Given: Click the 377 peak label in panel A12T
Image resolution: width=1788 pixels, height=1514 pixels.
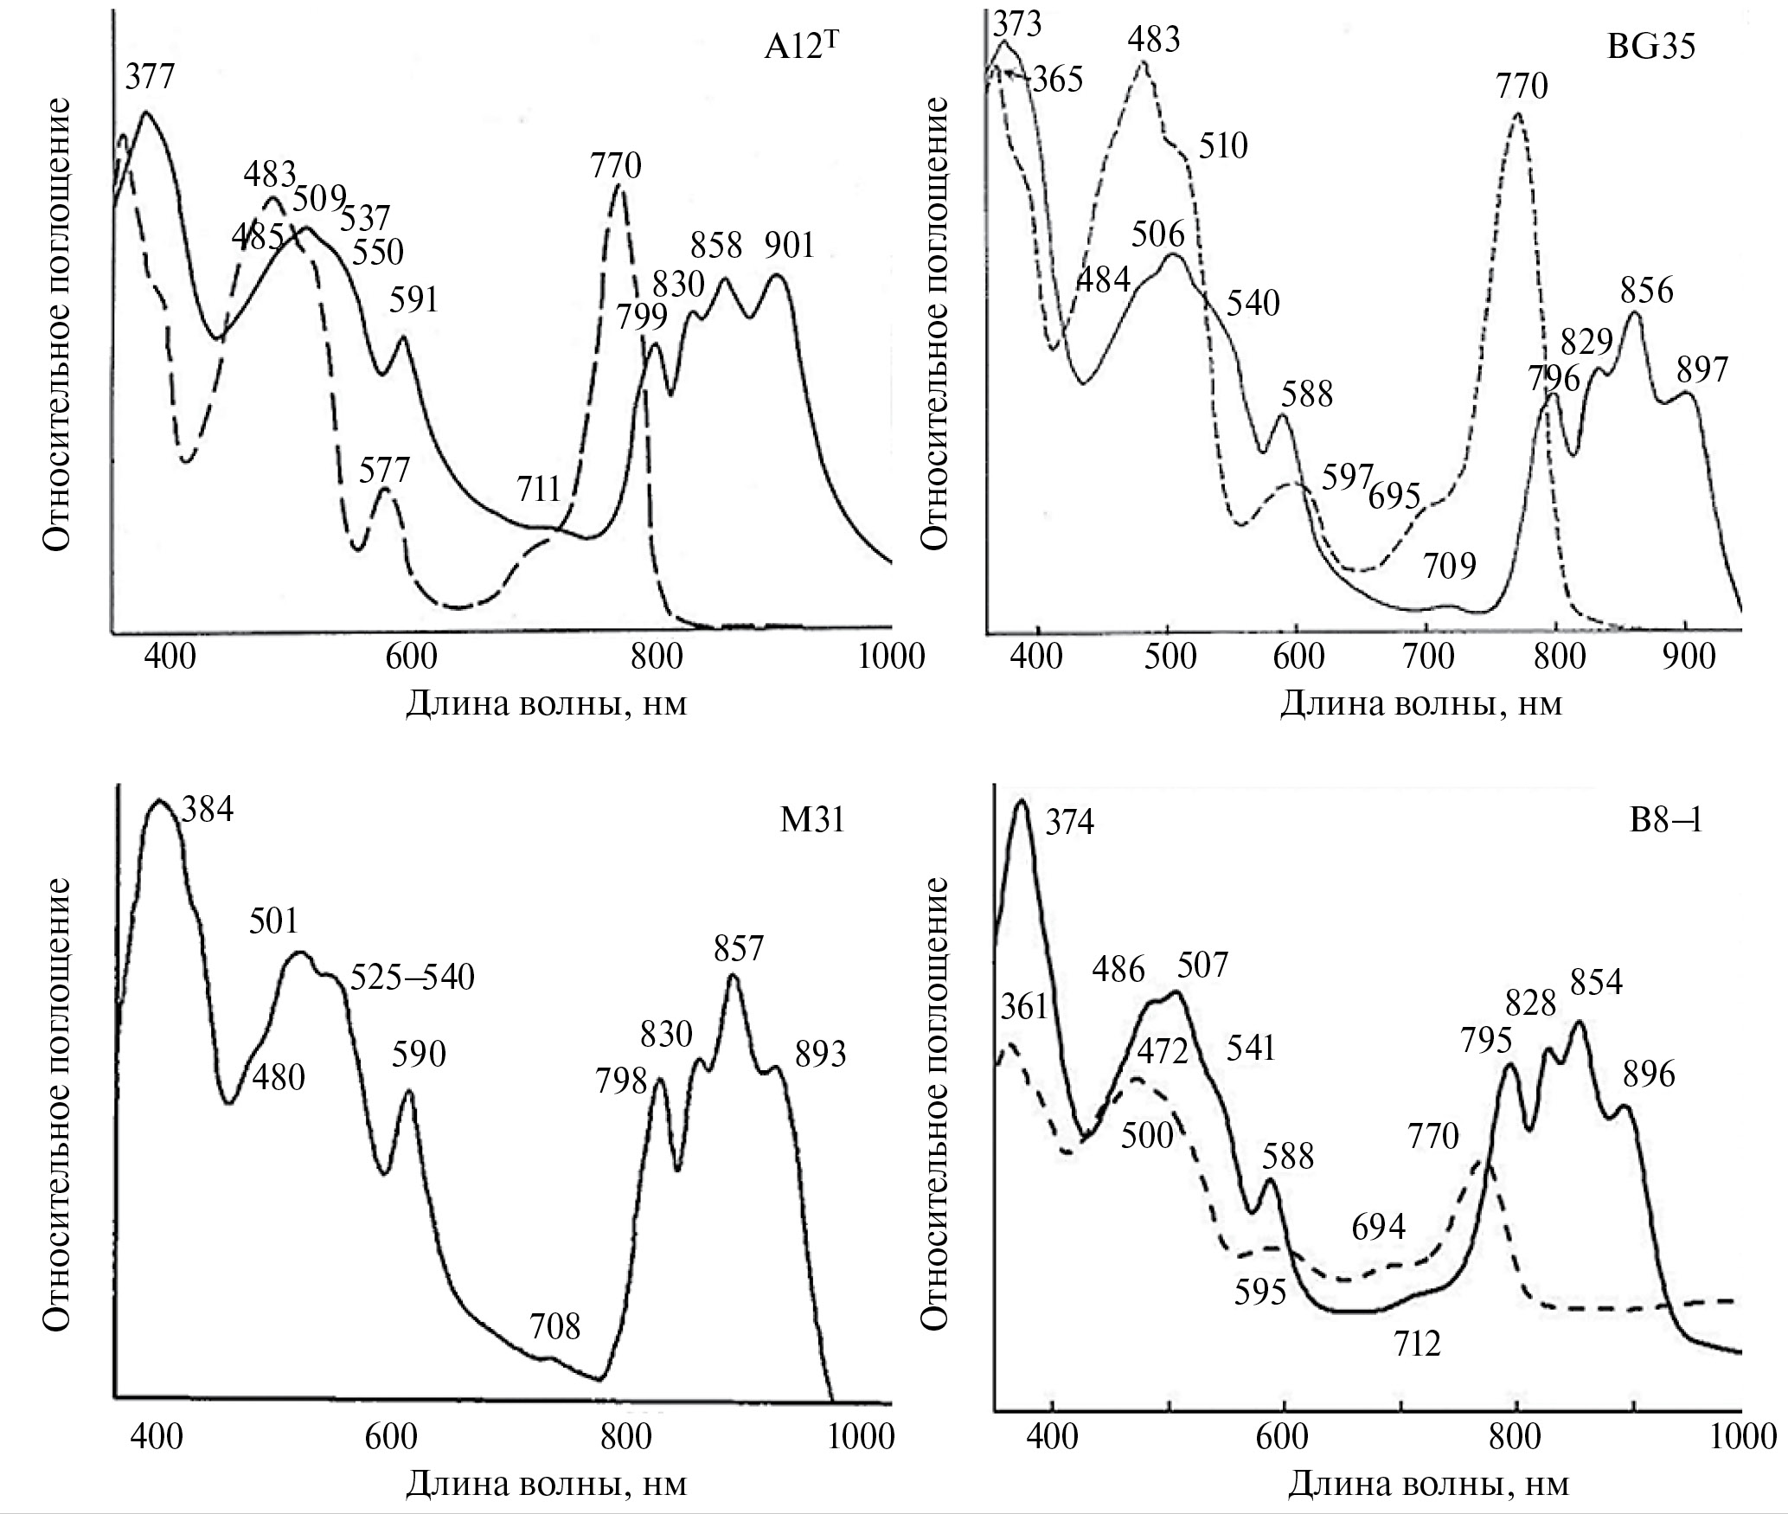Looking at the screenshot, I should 150,78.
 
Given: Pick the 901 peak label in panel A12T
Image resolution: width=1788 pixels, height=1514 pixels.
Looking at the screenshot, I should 789,247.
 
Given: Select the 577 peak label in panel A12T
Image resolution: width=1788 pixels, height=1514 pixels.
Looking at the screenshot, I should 384,472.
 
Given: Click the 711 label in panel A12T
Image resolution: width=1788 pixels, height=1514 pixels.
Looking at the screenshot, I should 541,490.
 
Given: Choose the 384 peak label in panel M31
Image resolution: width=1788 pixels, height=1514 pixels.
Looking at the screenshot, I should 207,811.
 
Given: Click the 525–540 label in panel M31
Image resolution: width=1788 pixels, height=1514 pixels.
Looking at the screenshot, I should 412,978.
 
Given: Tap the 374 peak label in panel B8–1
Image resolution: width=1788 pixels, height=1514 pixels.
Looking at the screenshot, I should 1070,823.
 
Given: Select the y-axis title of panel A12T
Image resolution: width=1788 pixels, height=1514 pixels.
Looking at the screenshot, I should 56,324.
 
